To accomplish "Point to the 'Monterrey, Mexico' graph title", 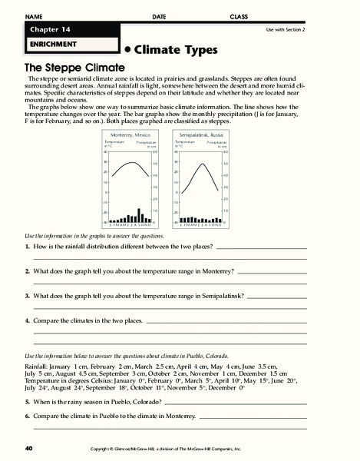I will tap(127, 134).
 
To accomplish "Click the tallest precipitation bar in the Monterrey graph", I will tap(138, 214).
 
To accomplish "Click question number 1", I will tap(27, 248).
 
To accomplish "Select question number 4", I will tap(27, 319).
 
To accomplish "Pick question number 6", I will tap(27, 416).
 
